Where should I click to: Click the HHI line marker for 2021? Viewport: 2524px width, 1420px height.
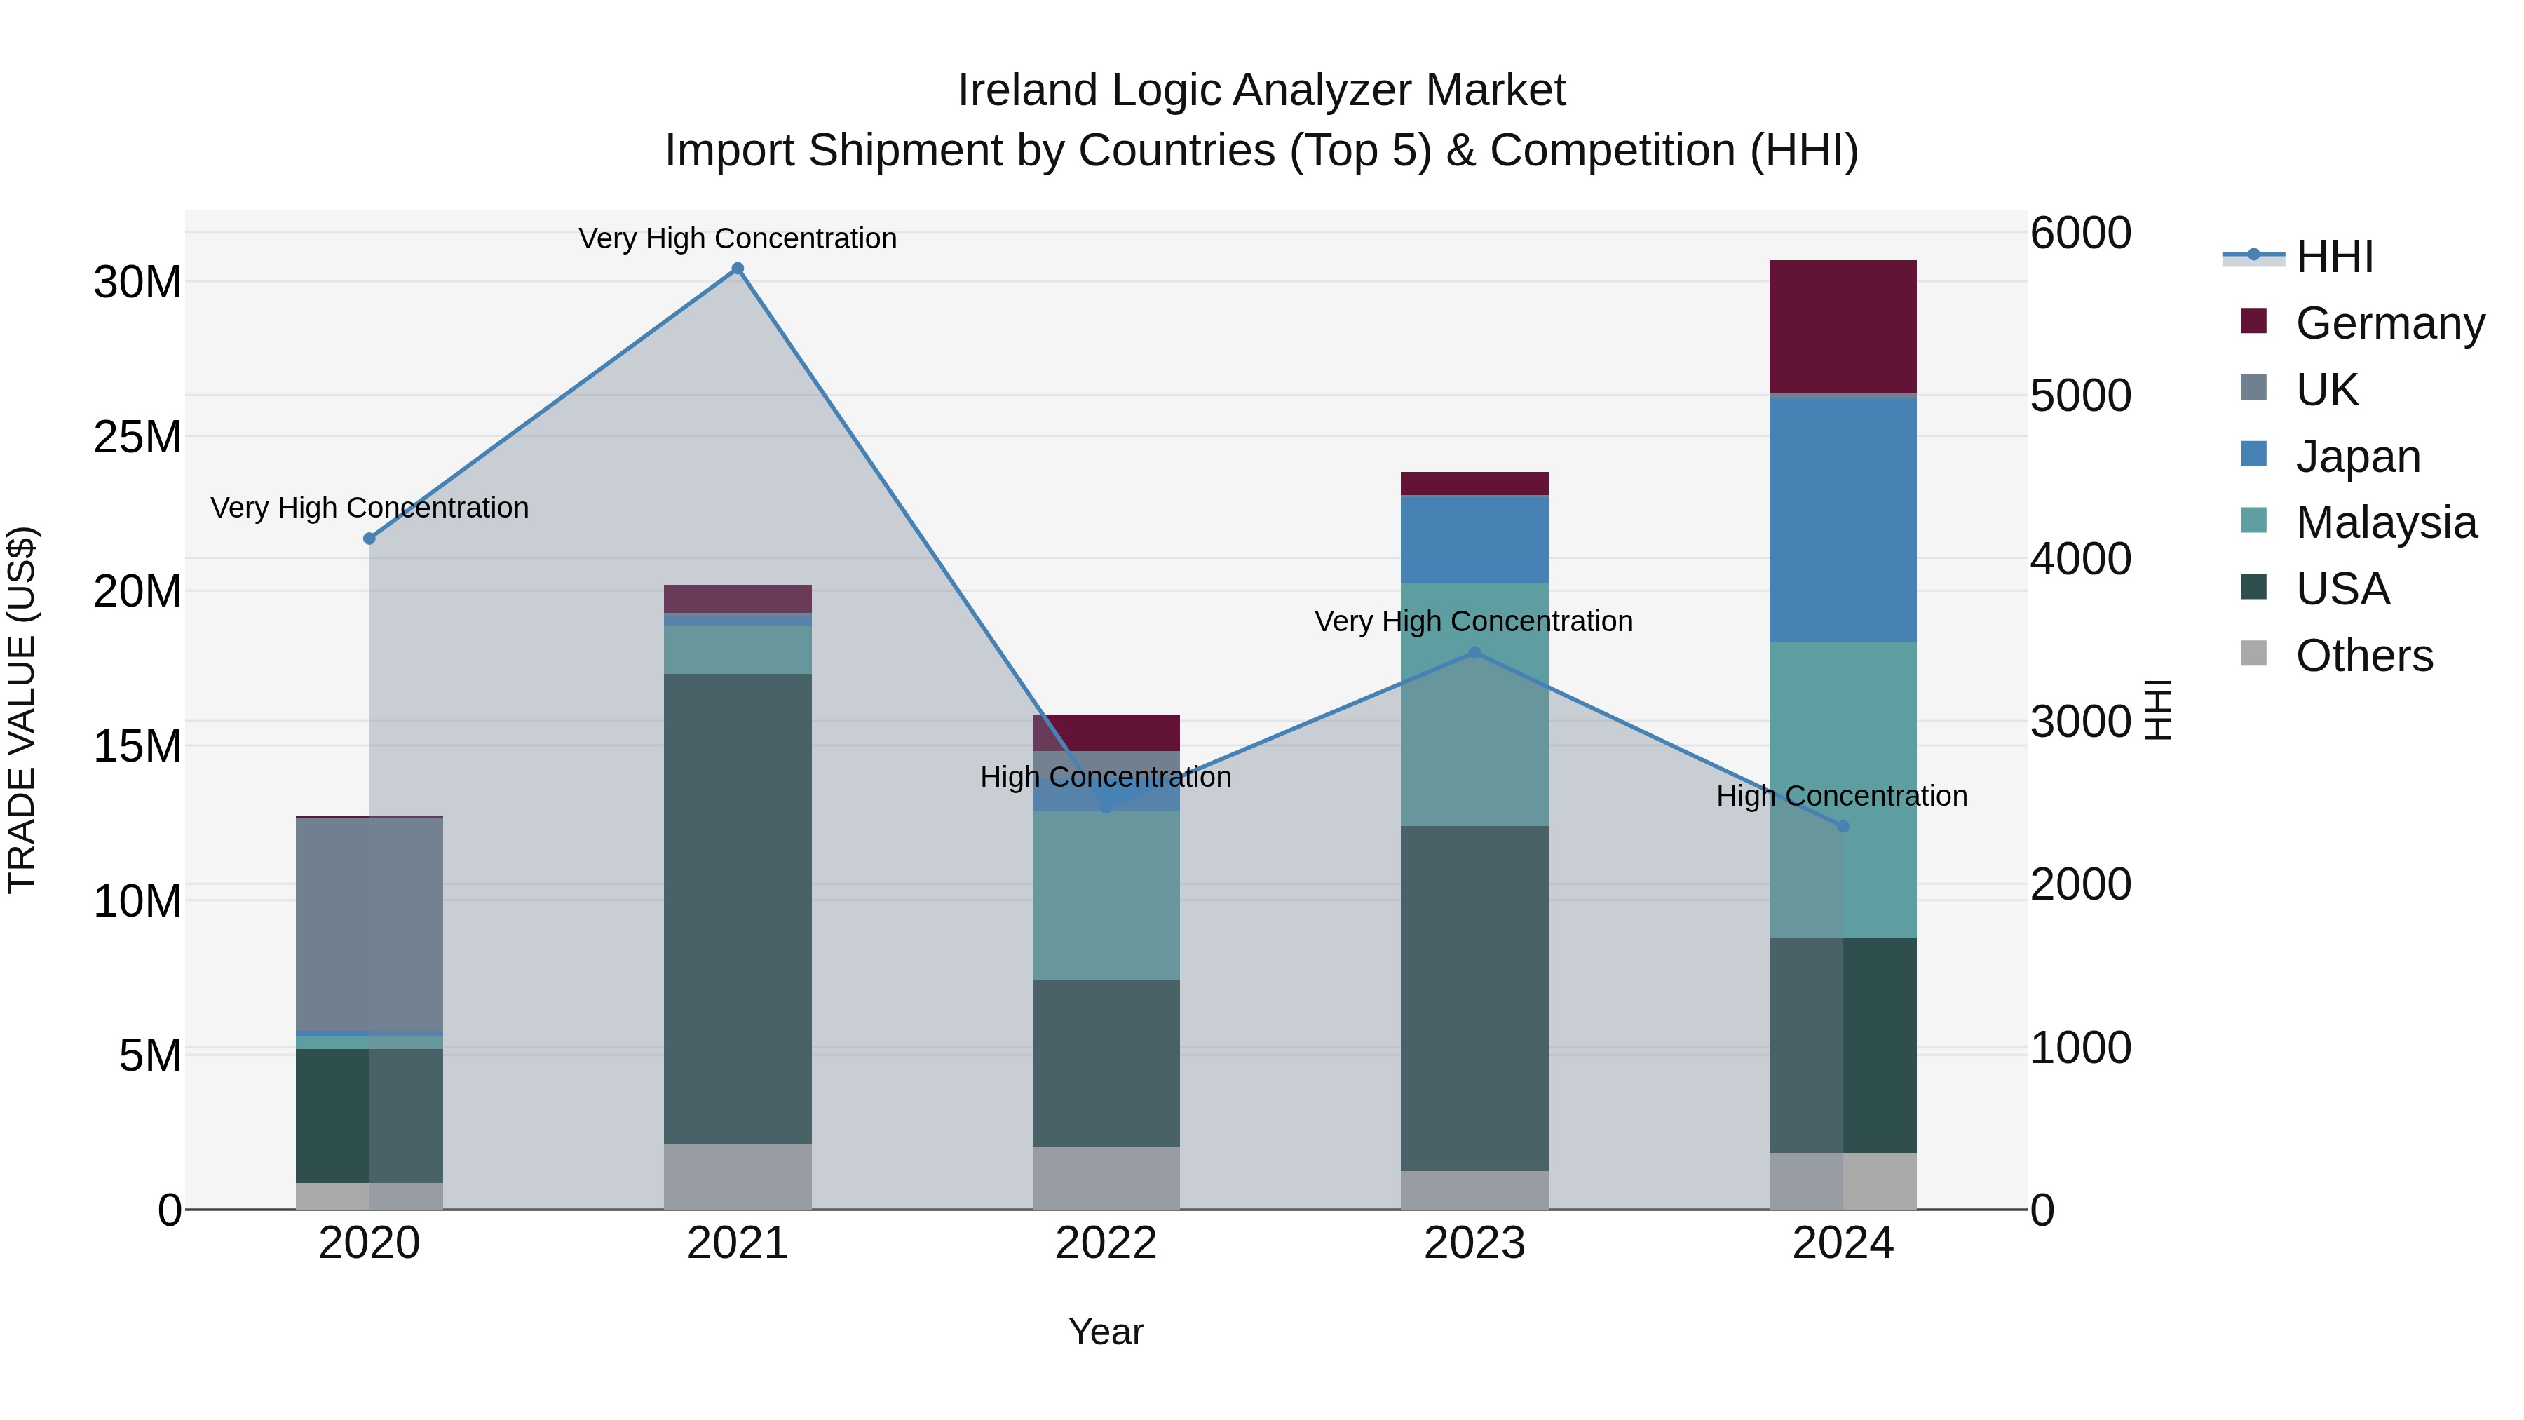738,269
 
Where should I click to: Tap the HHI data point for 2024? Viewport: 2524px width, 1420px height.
1842,826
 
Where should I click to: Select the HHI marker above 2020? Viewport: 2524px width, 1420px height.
369,538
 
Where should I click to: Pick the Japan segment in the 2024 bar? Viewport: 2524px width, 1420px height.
1842,520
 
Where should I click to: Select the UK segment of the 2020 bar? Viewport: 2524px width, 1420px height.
369,923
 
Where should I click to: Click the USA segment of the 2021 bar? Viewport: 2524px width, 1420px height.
738,908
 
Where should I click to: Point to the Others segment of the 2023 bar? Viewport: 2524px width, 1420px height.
1474,1190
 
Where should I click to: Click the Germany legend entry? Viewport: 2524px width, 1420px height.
2389,323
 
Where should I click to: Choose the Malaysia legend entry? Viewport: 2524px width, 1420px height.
2385,522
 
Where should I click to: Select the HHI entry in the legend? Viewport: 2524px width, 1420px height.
2334,257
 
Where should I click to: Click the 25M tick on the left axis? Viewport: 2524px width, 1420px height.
137,437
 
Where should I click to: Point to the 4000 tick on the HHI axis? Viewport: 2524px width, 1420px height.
2079,559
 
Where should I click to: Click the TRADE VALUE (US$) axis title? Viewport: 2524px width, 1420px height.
22,710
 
